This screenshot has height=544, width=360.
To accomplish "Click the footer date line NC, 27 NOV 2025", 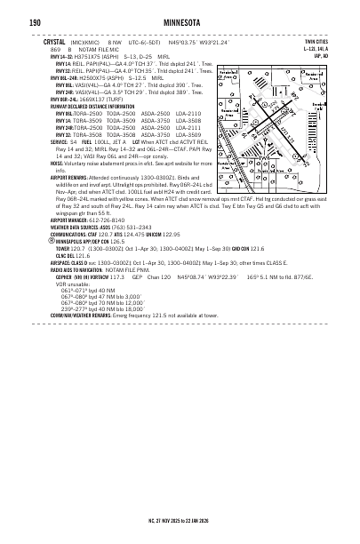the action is click(180, 517).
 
